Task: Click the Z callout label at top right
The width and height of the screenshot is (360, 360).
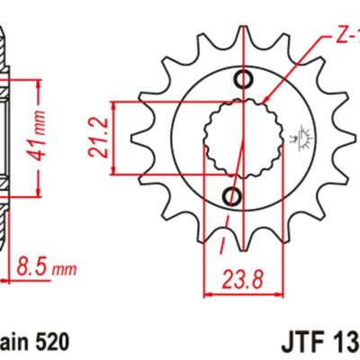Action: click(347, 40)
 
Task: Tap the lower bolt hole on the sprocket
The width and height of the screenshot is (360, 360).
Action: click(233, 196)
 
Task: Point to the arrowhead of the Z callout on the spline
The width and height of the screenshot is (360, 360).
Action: click(266, 98)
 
